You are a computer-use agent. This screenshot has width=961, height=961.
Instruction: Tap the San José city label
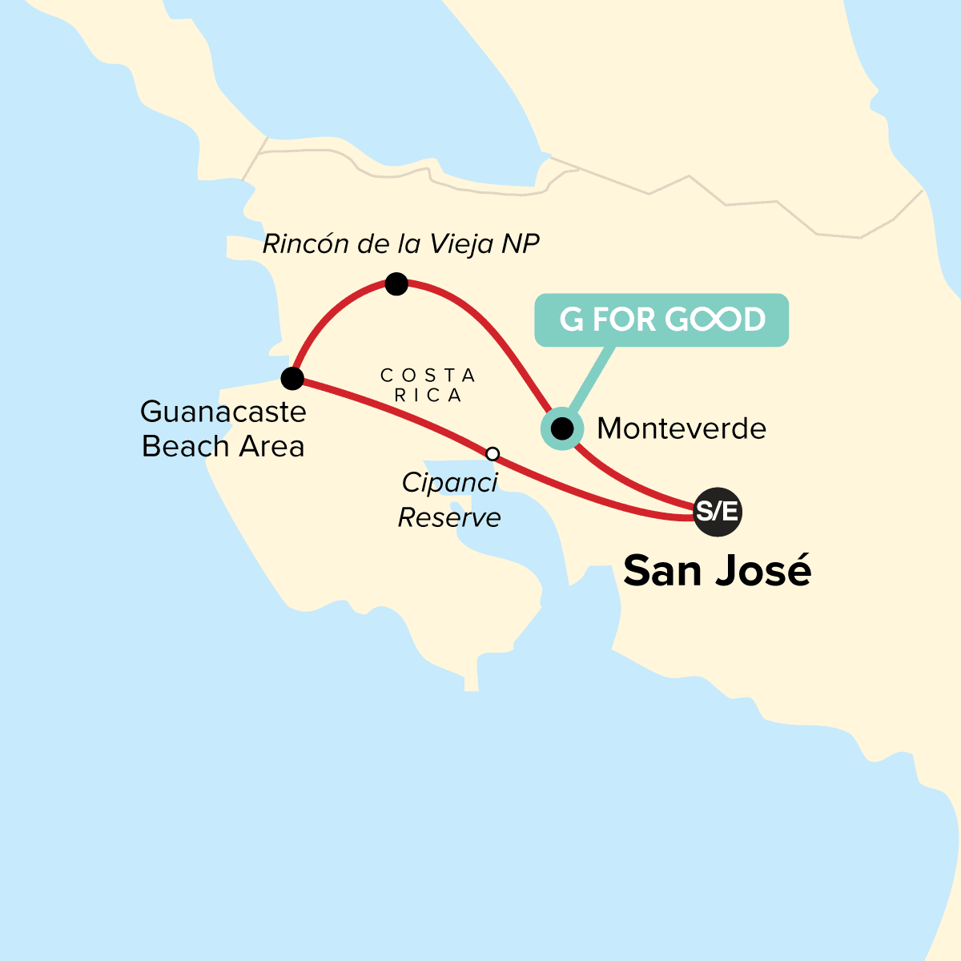[717, 571]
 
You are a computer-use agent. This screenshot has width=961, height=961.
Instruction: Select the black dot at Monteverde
[563, 429]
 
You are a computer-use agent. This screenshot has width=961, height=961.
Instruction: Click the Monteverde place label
[682, 428]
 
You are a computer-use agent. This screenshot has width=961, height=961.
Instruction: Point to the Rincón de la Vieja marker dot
[396, 283]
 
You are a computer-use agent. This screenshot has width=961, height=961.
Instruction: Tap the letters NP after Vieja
[521, 243]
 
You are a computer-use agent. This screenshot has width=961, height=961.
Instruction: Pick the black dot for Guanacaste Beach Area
[292, 378]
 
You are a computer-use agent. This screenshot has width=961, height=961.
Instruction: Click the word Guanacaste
[223, 412]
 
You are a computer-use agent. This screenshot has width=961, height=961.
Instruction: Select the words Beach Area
[223, 446]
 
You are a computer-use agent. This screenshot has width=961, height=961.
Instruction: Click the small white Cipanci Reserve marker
[493, 454]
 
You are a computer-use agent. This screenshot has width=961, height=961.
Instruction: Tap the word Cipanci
[449, 483]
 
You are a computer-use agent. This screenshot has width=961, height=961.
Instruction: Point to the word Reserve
[449, 517]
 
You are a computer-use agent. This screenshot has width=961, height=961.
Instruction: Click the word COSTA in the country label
[428, 375]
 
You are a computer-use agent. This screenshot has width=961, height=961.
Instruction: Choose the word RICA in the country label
[428, 395]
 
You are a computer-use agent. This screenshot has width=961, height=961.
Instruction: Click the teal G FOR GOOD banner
[661, 320]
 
